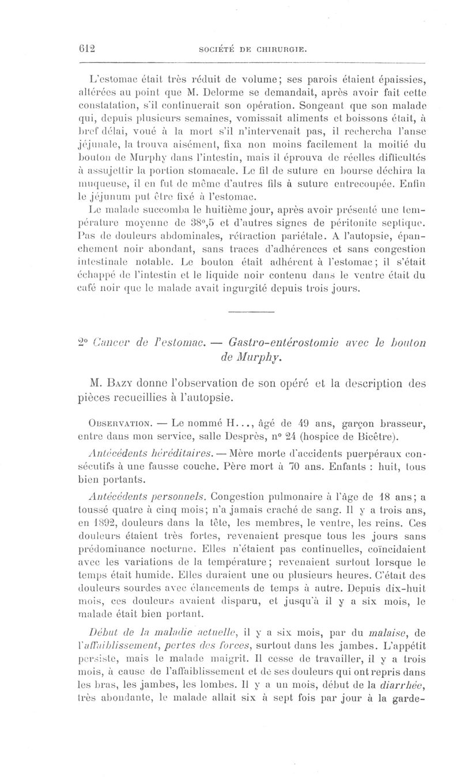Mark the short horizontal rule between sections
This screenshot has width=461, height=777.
(250, 312)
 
